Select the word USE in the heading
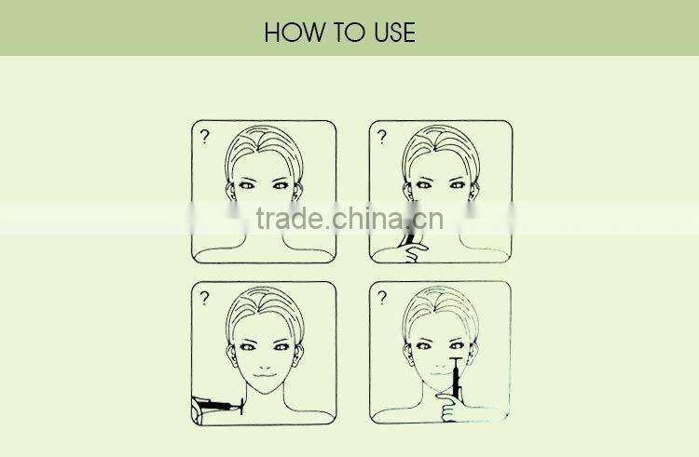pyautogui.click(x=395, y=33)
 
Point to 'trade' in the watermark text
pyautogui.click(x=289, y=218)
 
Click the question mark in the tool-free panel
pyautogui.click(x=205, y=136)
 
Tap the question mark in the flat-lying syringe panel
pyautogui.click(x=205, y=298)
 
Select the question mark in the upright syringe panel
pyautogui.click(x=382, y=297)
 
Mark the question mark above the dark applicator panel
pyautogui.click(x=381, y=136)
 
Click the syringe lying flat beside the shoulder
pyautogui.click(x=218, y=406)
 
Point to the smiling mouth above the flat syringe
pyautogui.click(x=266, y=375)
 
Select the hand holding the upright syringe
pyautogui.click(x=449, y=407)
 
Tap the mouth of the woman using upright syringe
pyautogui.click(x=442, y=374)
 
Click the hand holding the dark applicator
pyautogui.click(x=414, y=252)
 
